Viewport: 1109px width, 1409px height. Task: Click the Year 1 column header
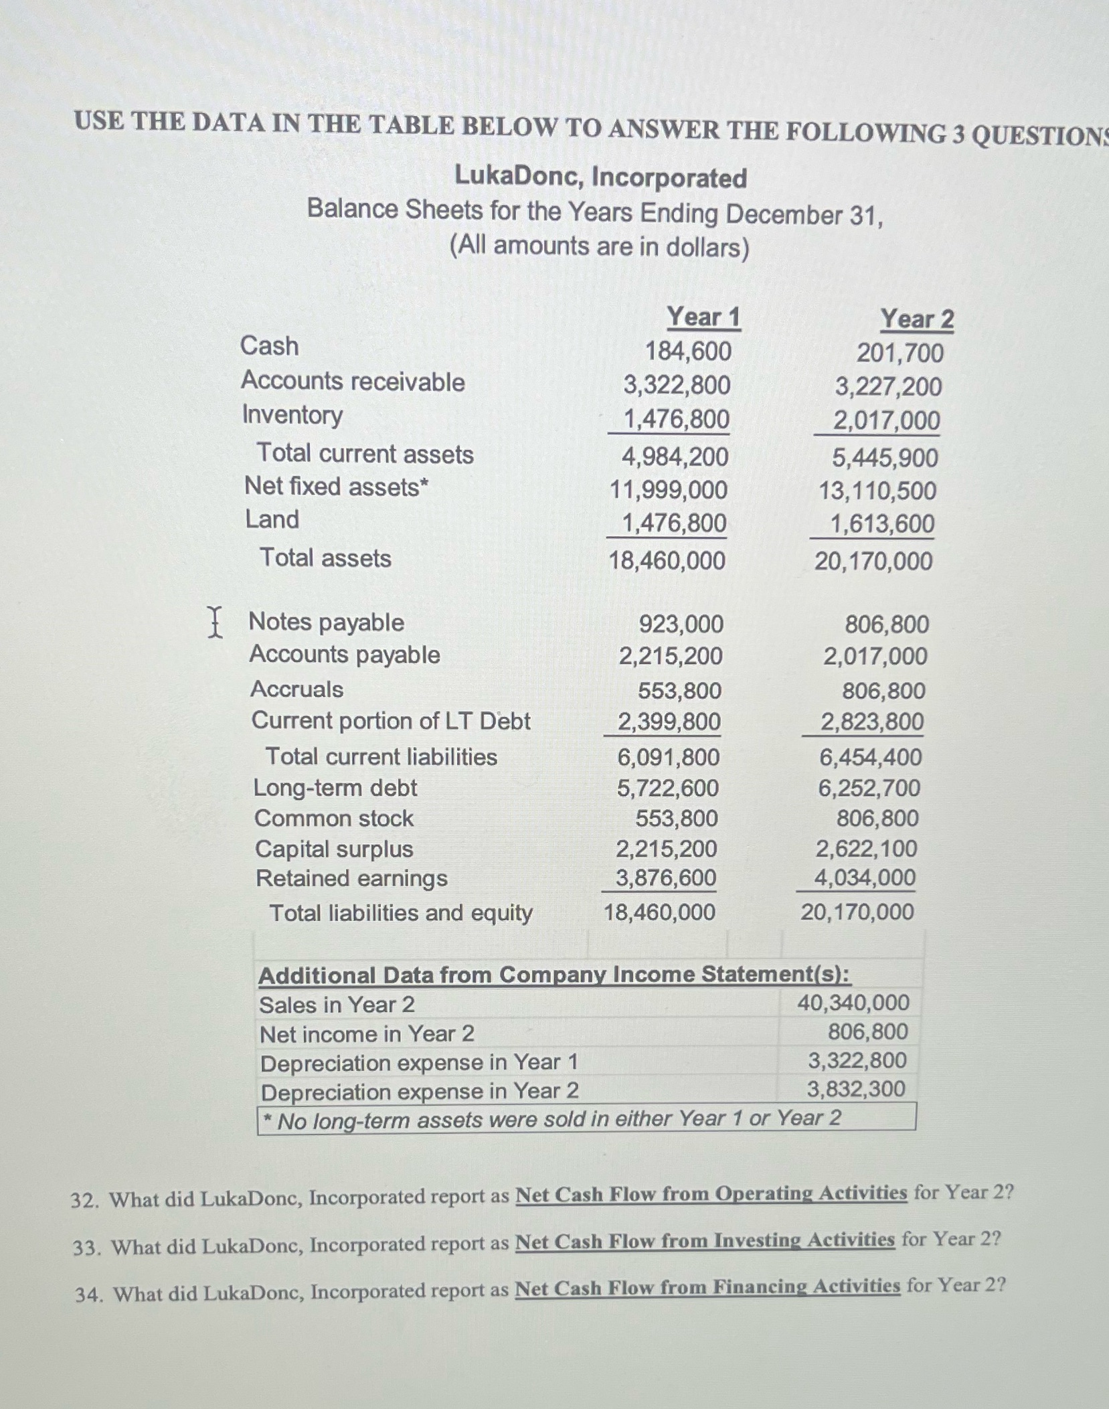pos(703,317)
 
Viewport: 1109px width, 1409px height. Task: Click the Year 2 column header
pos(916,319)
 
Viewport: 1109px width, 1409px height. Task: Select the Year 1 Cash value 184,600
pos(688,351)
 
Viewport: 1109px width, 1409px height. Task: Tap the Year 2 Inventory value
pos(886,421)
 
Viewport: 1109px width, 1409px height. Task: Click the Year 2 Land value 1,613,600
pos(882,524)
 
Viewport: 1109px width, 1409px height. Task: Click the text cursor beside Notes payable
pos(214,622)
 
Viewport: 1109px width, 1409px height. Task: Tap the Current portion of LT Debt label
pos(390,722)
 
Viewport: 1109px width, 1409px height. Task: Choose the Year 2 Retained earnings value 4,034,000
pos(864,878)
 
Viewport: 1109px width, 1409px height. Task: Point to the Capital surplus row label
pos(334,849)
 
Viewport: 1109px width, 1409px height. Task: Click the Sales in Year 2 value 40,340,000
pos(853,1003)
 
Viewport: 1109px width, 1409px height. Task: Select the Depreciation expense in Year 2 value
pos(855,1089)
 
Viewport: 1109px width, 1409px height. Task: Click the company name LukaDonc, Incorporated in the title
pos(600,177)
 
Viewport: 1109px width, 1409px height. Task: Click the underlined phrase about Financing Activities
pos(707,1287)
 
